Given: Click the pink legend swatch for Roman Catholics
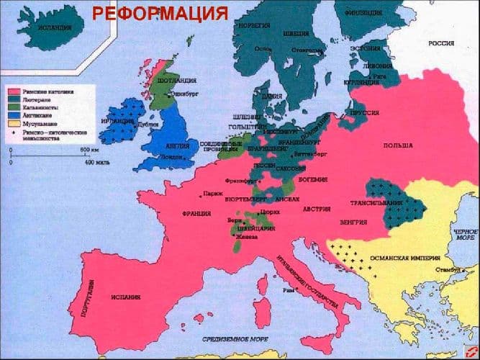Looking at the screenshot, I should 12,91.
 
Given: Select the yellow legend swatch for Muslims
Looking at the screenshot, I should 12,123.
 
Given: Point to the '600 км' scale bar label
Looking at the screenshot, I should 89,149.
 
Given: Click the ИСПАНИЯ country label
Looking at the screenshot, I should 126,297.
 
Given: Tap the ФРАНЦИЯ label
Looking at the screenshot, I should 196,214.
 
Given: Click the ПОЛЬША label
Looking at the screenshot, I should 397,146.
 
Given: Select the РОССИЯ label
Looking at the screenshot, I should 441,44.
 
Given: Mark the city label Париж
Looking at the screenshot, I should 213,194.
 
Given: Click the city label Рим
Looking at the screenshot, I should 289,290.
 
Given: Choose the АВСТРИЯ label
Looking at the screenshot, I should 317,209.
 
